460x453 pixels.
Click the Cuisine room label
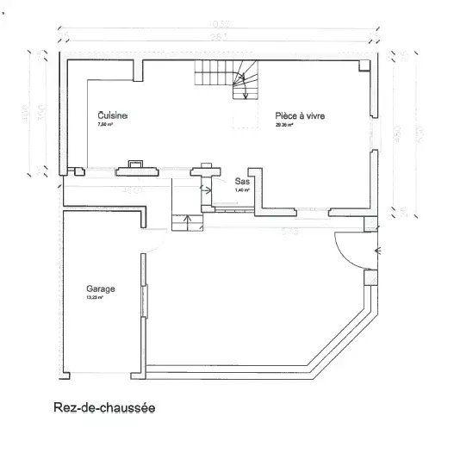coord(113,115)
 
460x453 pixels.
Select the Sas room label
coord(241,182)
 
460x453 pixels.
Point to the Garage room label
coord(100,289)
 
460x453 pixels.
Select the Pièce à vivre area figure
coord(284,125)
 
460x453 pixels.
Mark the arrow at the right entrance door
coord(378,251)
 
